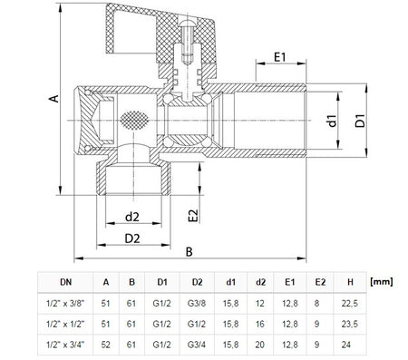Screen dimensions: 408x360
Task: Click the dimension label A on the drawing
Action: [x=54, y=98]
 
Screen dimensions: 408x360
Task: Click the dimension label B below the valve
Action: [x=189, y=252]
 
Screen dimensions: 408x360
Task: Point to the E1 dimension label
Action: [x=279, y=57]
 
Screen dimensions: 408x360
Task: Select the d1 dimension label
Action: [x=332, y=121]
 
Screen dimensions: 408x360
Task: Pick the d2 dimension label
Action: [x=132, y=217]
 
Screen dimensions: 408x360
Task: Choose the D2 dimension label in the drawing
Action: [x=132, y=238]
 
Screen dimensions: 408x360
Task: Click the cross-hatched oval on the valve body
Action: [x=134, y=121]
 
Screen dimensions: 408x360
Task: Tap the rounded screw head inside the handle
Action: [x=188, y=23]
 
